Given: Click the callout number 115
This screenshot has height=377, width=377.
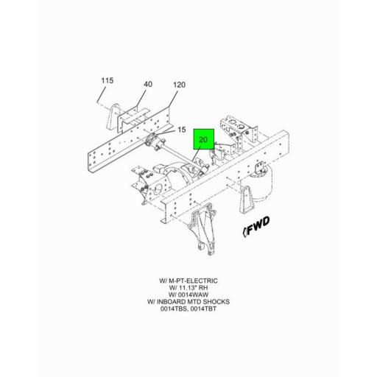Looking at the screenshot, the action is point(108,80).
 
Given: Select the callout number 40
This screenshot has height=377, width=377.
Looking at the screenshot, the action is point(148,84).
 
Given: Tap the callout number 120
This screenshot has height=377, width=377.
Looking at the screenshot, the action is point(179,85).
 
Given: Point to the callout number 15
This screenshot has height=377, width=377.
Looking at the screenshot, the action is point(182,130).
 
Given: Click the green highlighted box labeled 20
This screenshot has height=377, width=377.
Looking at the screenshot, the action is point(204,139).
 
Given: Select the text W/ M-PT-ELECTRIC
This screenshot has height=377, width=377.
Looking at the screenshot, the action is point(188,281).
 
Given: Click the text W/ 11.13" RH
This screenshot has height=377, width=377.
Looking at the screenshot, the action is point(188,288).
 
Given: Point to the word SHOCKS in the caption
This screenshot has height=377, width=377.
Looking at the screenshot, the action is point(215,302).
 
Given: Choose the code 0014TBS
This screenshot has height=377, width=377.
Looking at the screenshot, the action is point(175,309).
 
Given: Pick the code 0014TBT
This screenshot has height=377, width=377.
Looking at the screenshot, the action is point(203,309).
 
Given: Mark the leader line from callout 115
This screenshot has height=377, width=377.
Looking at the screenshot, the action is point(102,95).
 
